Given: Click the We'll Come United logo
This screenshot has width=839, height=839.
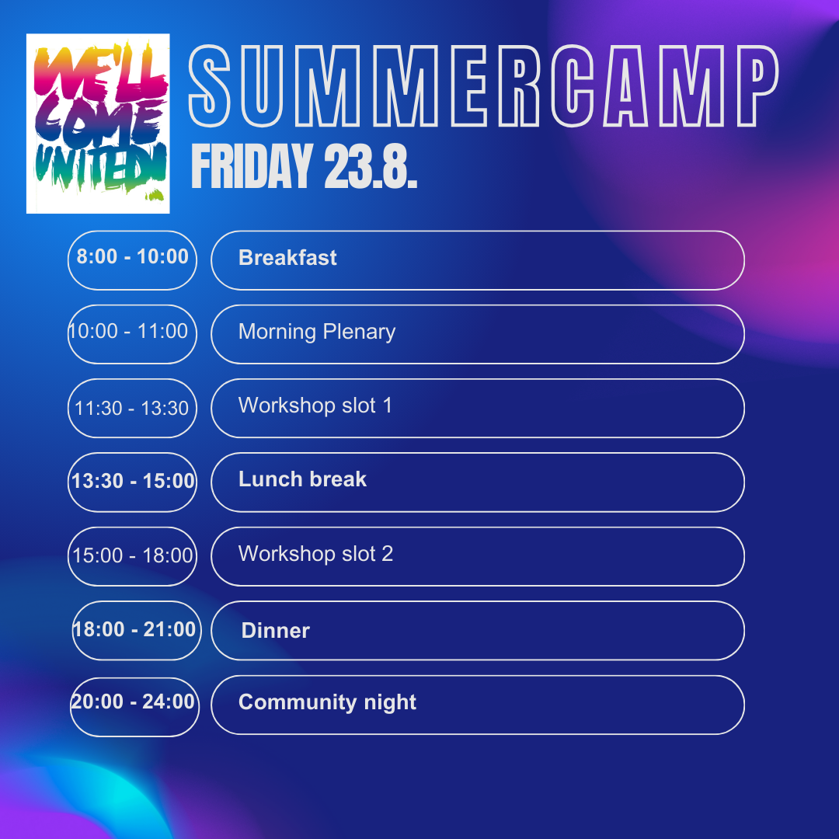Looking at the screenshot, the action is [x=98, y=124].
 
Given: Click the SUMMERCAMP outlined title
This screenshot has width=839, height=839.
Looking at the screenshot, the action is [x=484, y=86].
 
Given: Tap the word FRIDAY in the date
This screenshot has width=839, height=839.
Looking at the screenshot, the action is [x=252, y=166].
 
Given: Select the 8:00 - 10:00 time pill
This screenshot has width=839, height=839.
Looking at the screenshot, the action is [x=132, y=260].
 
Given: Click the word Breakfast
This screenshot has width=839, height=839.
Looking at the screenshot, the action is [x=287, y=258].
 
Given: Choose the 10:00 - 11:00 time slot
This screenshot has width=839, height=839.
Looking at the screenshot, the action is [x=132, y=334].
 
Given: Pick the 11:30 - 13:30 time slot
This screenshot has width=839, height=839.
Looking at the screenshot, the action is [x=132, y=409].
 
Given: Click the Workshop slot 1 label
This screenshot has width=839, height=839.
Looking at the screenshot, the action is [x=315, y=406].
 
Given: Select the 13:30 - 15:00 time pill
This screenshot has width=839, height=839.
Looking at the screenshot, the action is [x=132, y=482].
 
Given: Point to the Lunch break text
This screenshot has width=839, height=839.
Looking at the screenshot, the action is [x=302, y=479].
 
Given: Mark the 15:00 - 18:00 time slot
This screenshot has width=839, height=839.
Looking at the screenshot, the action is [x=132, y=556].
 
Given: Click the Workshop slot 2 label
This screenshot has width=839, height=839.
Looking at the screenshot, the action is [x=315, y=554].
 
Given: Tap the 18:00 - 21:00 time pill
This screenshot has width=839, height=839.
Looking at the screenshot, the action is [x=137, y=630].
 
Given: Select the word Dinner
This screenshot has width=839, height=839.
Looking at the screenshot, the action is [x=276, y=631].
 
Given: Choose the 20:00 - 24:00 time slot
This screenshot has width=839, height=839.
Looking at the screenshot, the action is [x=134, y=707].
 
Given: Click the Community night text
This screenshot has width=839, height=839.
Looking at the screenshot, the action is [x=328, y=702].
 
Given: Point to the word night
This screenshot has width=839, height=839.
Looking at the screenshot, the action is [x=390, y=702].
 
